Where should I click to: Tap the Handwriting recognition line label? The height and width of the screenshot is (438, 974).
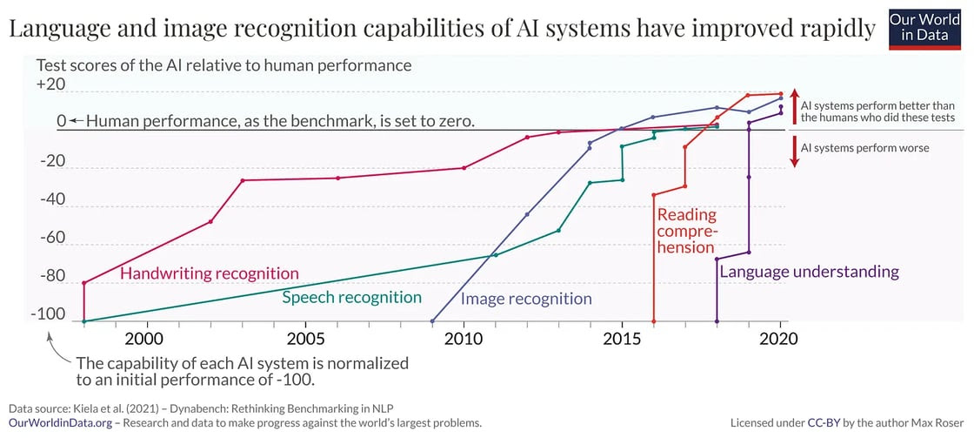[209, 273]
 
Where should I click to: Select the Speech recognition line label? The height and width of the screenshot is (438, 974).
[351, 297]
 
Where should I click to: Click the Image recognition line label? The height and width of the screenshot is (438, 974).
[525, 299]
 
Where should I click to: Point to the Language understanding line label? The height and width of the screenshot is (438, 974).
[809, 272]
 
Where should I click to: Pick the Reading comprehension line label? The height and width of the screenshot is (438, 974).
[687, 230]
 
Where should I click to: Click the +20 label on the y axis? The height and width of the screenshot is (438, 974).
[51, 84]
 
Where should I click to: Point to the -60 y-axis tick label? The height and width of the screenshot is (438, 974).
[51, 237]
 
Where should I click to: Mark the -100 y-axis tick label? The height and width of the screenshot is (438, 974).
[48, 314]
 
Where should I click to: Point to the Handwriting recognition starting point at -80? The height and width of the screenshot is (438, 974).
[84, 283]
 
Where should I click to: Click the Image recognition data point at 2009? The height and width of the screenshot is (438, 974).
[432, 321]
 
